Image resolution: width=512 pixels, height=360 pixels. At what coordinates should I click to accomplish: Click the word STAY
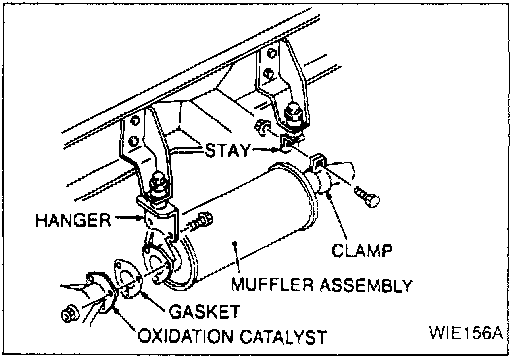227,150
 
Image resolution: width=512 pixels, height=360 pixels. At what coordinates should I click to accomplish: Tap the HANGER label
73,220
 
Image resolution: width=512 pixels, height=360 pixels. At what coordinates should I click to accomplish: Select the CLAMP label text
362,251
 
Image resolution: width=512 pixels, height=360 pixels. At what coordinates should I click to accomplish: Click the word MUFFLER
273,285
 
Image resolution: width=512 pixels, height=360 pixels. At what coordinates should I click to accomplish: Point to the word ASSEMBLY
366,285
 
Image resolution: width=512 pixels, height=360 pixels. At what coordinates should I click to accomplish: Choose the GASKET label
204,312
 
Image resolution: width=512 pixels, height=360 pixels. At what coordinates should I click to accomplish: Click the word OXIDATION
185,336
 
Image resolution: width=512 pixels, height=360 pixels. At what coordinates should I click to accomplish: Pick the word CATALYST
283,336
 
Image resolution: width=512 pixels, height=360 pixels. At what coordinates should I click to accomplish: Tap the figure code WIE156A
466,332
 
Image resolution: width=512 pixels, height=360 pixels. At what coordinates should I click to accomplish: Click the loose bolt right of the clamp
367,196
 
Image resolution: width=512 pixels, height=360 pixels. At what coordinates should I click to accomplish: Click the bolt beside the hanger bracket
200,222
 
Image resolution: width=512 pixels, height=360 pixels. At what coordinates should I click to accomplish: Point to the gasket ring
128,278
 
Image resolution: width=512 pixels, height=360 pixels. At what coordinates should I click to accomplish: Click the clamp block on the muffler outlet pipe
318,161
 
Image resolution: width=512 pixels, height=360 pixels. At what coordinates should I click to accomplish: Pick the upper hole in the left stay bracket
135,121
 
